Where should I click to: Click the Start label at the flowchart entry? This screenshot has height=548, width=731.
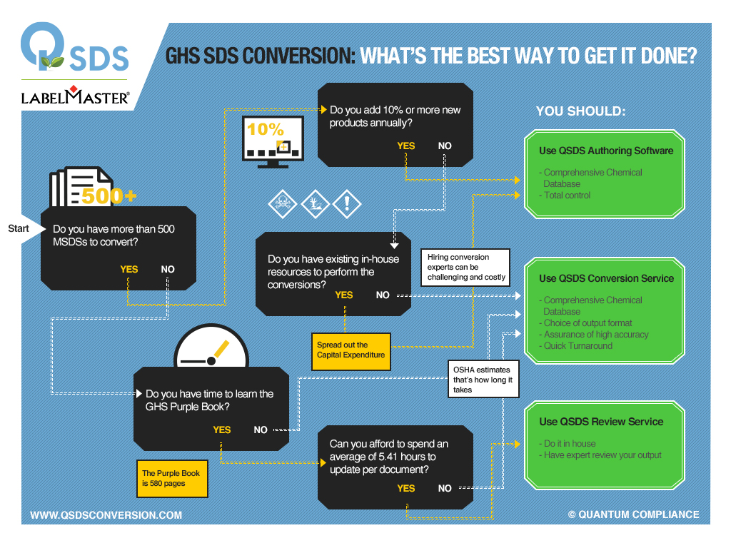pyautogui.click(x=19, y=228)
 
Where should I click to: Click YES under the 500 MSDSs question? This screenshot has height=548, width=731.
pyautogui.click(x=129, y=270)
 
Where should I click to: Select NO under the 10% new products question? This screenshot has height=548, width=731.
pyautogui.click(x=445, y=146)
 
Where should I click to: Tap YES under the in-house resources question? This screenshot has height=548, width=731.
pyautogui.click(x=344, y=295)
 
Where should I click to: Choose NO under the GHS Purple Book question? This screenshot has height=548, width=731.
pyautogui.click(x=261, y=430)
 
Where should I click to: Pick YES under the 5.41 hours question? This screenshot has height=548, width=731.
pyautogui.click(x=405, y=488)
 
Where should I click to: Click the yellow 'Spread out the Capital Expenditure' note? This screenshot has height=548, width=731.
pyautogui.click(x=351, y=350)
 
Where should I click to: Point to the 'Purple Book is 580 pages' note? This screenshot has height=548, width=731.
pyautogui.click(x=171, y=478)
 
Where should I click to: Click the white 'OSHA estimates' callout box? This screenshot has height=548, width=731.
pyautogui.click(x=483, y=380)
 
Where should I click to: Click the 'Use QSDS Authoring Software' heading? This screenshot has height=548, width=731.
pyautogui.click(x=605, y=151)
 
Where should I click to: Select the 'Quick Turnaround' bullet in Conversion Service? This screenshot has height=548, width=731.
pyautogui.click(x=578, y=346)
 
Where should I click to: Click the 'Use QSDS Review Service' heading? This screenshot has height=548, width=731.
pyautogui.click(x=601, y=422)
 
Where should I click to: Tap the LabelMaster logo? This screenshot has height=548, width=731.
pyautogui.click(x=75, y=97)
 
